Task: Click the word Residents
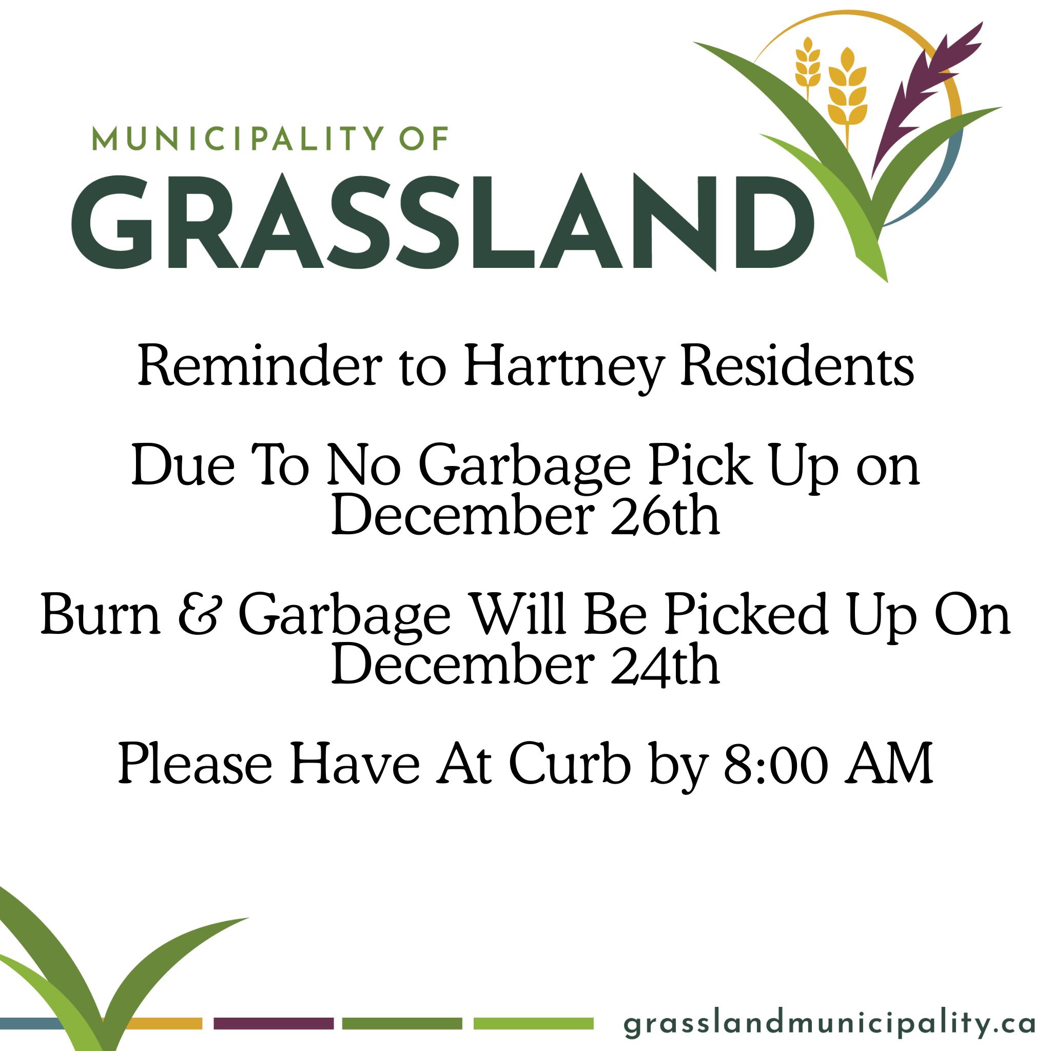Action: tap(797, 366)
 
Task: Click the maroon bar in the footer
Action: tap(273, 1023)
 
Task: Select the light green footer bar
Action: tap(533, 1023)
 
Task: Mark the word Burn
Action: tap(101, 615)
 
